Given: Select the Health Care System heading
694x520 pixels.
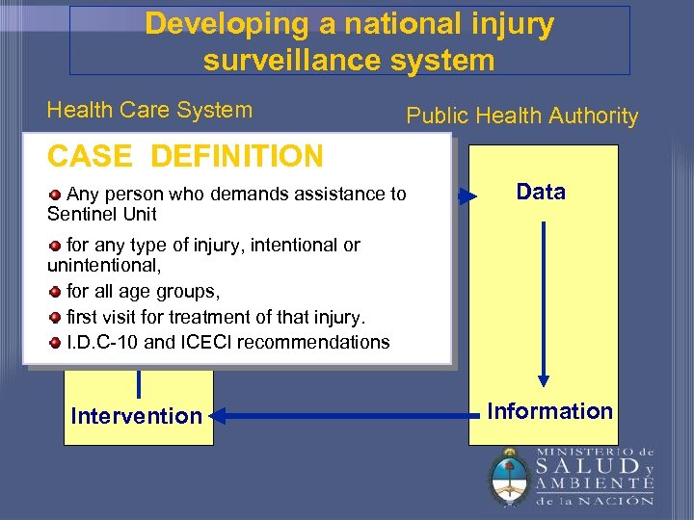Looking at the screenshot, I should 149,110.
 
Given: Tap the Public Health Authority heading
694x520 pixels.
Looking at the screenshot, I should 521,117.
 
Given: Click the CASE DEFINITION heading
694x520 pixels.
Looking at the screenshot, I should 185,155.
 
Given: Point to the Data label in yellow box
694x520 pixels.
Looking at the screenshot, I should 541,192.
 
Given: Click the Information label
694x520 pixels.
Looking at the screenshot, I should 549,411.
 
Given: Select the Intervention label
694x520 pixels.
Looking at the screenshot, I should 136,416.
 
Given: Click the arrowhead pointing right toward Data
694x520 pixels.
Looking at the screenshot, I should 467,197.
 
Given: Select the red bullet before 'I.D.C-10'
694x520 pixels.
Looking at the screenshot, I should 56,342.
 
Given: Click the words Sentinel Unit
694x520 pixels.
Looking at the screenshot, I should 101,214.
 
